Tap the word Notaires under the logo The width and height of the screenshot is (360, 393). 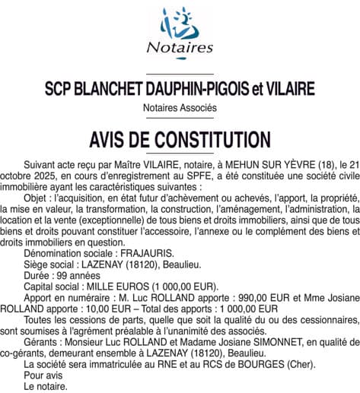coord(180,48)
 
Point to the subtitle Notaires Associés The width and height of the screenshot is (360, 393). coord(180,108)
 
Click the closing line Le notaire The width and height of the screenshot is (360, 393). coord(45,386)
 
